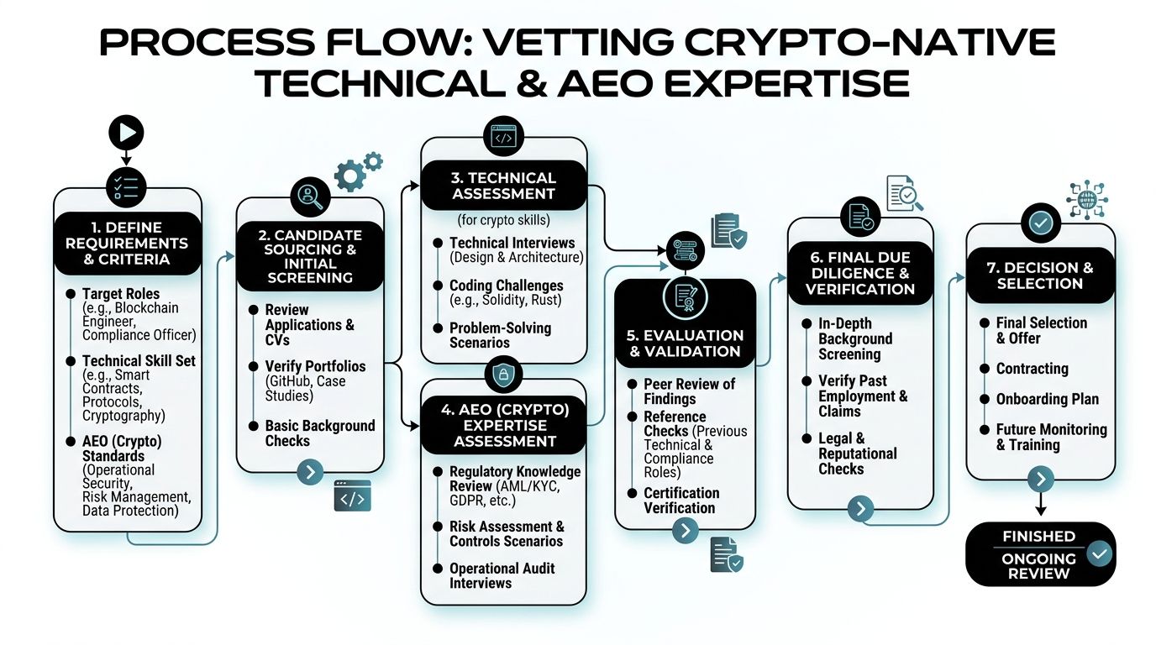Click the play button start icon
point(127,132)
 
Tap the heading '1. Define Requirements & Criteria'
point(127,243)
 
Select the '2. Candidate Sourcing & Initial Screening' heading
point(309,255)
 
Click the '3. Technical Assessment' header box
point(504,185)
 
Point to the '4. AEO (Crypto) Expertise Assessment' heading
point(504,425)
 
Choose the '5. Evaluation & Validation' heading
point(686,343)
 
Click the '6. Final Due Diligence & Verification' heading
point(859,271)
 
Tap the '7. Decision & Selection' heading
point(1040,275)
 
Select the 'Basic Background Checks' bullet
point(319,433)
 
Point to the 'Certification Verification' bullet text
point(681,501)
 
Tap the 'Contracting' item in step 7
point(1032,369)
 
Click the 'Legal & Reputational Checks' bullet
point(857,454)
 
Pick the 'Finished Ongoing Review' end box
point(1039,553)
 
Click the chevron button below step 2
point(309,472)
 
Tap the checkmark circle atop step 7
point(1040,223)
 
